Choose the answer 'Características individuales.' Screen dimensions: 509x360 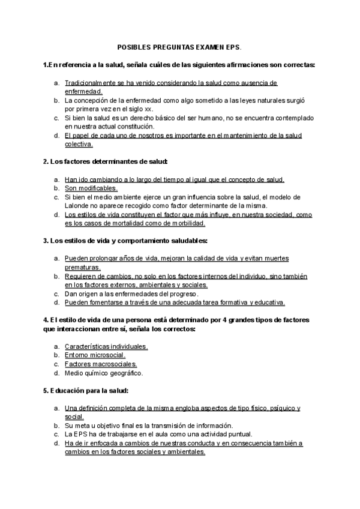[x=106, y=347]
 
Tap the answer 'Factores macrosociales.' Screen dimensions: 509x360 [x=101, y=364]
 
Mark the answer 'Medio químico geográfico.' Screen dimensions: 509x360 [x=104, y=373]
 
